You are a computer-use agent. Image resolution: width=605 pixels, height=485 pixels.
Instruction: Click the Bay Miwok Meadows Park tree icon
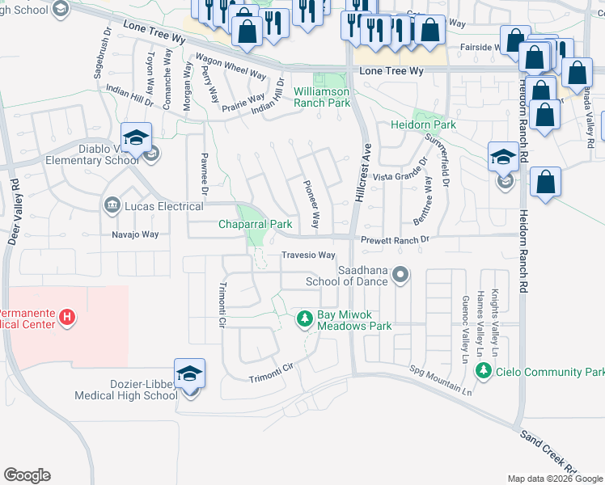coord(305,319)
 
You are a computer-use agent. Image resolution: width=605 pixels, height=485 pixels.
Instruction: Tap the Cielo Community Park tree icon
coord(484,371)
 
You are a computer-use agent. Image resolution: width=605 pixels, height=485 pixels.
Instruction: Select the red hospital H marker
coord(68,318)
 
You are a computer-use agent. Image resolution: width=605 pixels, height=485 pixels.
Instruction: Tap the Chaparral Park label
coord(256,224)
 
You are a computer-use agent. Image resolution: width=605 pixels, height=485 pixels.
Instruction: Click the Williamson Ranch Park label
coord(322,97)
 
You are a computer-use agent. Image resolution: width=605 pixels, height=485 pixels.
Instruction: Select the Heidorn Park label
coord(423,125)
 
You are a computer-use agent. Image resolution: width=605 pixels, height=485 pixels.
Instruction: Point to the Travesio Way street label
coord(308,255)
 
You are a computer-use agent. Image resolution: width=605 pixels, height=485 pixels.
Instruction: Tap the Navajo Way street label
coord(135,234)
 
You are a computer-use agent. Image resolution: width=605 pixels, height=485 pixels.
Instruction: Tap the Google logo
coord(27,475)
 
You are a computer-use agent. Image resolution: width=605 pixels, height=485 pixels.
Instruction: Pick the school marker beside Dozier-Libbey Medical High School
coord(190,374)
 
